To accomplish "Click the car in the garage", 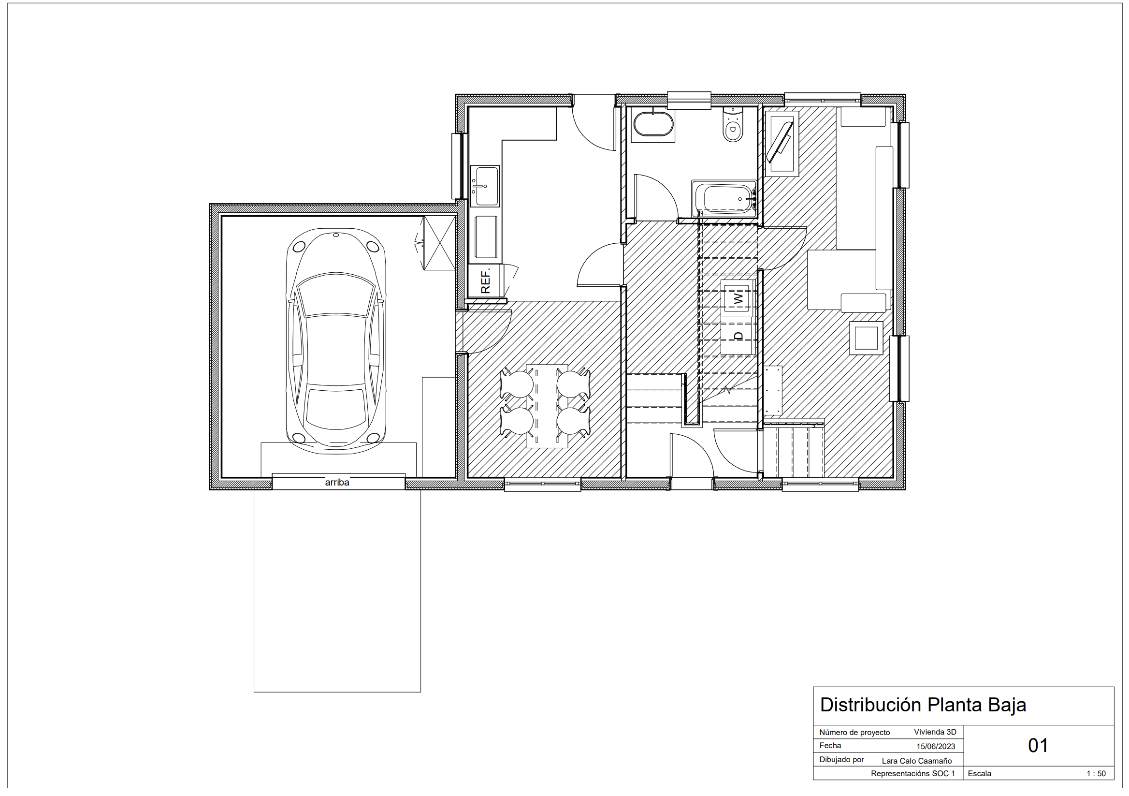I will coord(336,341).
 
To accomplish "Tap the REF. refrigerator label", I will coord(485,281).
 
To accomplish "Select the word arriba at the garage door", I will coord(337,483).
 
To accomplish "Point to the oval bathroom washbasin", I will coord(652,124).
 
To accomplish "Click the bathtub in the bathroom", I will coord(724,199).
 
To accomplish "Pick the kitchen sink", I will coord(484,186).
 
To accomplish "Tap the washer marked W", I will coord(738,297).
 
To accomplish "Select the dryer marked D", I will coord(738,337).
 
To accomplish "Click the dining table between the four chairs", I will coord(547,406).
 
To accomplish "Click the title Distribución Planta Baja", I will coord(923,705).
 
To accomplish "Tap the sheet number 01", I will coord(1038,746).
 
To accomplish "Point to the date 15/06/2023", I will coord(935,746).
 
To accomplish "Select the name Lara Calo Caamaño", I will coord(916,761).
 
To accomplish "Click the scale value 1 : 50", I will coord(1096,774).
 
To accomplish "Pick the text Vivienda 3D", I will coord(935,732).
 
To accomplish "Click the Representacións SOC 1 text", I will coord(912,774).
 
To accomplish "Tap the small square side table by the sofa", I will coord(866,338).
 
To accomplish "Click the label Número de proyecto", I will coord(854,733).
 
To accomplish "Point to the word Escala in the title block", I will coord(979,774).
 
